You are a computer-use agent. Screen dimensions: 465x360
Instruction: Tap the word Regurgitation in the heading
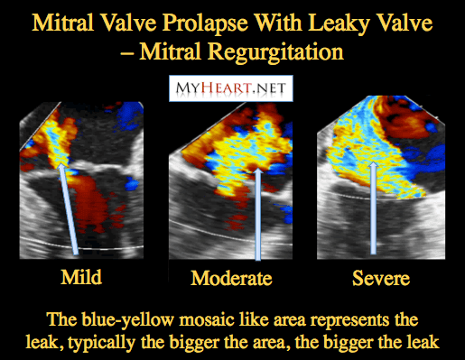coord(275,52)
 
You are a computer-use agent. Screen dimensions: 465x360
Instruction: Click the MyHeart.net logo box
coord(231,88)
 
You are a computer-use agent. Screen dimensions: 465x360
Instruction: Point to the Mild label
coord(81,277)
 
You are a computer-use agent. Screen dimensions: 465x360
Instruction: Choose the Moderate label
coord(231,278)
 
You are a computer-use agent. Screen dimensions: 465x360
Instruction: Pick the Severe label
coord(381,278)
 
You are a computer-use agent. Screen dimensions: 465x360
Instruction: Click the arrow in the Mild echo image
coord(68,208)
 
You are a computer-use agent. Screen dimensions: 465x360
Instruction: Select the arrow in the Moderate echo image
coord(258,214)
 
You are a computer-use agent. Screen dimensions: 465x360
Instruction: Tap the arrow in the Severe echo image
coord(373,208)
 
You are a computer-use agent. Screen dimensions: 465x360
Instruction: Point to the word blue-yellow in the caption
coord(126,320)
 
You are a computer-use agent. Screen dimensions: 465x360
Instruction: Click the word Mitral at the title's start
coord(62,23)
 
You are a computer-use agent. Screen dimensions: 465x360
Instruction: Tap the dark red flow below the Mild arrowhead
coord(90,205)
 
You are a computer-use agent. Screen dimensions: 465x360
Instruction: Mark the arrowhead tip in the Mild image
coord(61,162)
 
